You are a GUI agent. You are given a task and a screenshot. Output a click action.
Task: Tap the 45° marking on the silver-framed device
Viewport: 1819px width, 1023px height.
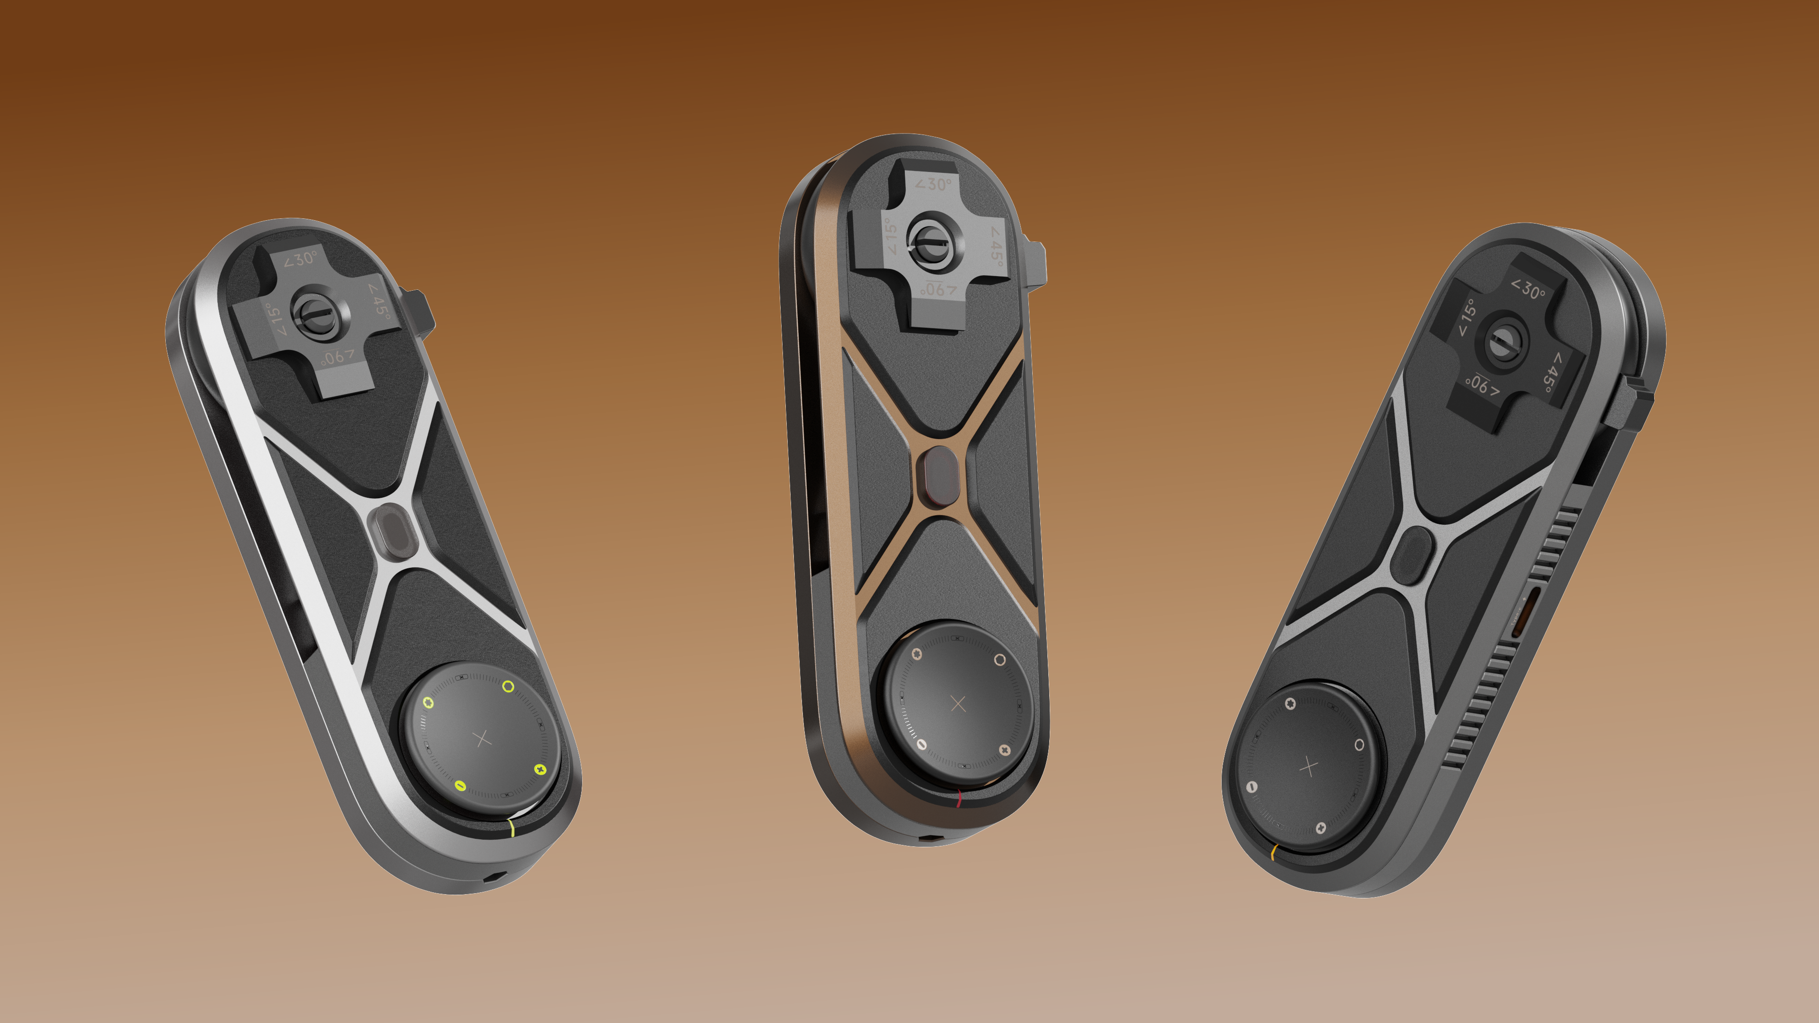[379, 302]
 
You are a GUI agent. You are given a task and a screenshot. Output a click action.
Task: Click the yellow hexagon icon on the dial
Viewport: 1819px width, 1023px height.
[428, 702]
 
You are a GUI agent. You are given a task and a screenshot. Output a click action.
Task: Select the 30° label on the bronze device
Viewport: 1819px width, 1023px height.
[934, 184]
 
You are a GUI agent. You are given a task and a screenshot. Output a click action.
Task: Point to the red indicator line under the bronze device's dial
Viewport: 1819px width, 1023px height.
[959, 799]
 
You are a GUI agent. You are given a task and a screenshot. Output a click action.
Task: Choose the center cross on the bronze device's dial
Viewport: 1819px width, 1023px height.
[958, 703]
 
